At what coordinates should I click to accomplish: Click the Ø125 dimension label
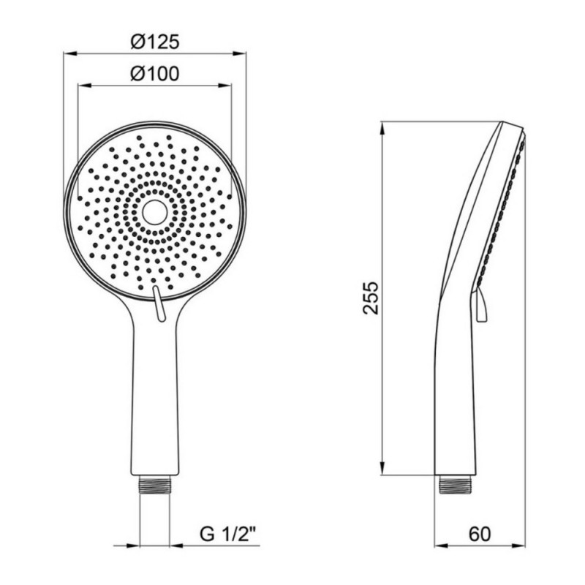(155, 42)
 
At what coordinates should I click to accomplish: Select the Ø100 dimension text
(155, 74)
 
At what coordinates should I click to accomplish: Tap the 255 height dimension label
(371, 298)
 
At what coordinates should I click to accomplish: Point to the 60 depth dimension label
(480, 534)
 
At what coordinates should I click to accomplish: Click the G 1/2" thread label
(227, 535)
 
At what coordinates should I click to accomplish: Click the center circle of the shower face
(154, 212)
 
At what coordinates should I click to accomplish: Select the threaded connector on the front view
(155, 485)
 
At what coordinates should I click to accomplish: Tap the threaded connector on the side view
(455, 484)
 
